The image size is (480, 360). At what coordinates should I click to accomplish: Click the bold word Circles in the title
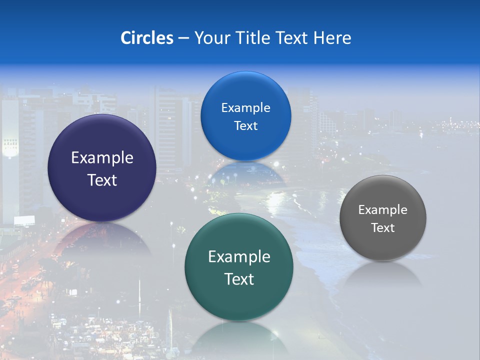pos(146,38)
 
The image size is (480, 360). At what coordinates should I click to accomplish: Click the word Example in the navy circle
pos(102,158)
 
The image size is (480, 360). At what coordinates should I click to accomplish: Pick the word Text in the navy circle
pos(102,180)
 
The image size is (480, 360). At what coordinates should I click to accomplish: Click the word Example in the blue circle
pos(245,107)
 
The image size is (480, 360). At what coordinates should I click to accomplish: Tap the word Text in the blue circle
pos(245,125)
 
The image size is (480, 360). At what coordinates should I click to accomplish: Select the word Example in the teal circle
pos(239,257)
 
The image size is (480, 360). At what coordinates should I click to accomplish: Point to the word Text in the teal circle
pos(239,279)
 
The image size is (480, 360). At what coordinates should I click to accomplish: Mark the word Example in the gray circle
pos(383,209)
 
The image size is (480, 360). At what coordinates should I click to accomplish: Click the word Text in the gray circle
pos(383,227)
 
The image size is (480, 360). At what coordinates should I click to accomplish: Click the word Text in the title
pos(294,38)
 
